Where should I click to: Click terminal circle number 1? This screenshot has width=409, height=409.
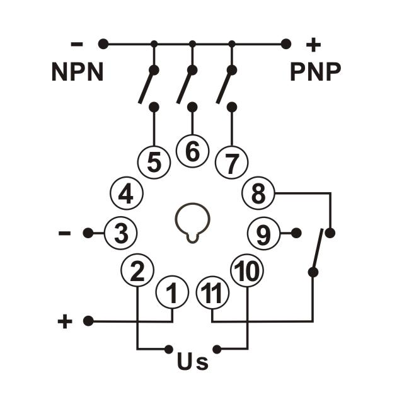tap(172, 292)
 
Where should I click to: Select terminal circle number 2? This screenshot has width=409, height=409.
tap(137, 272)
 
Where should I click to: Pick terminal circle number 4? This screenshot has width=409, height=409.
tap(126, 193)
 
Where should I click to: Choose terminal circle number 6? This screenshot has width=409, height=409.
tap(193, 152)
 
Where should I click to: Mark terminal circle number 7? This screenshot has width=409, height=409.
tap(231, 163)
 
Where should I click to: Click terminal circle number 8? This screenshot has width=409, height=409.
tap(258, 193)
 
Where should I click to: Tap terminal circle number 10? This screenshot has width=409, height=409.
tap(247, 272)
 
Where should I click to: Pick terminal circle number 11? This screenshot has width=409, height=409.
tap(212, 292)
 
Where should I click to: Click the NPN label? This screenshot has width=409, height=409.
tap(77, 72)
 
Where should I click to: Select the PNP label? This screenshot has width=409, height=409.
tap(315, 72)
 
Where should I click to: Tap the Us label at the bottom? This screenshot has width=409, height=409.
tap(192, 364)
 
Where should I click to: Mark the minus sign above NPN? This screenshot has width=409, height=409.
tap(77, 44)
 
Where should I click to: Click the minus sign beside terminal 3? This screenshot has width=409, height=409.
tap(64, 233)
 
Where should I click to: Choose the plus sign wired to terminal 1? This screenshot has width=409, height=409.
tap(64, 321)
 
